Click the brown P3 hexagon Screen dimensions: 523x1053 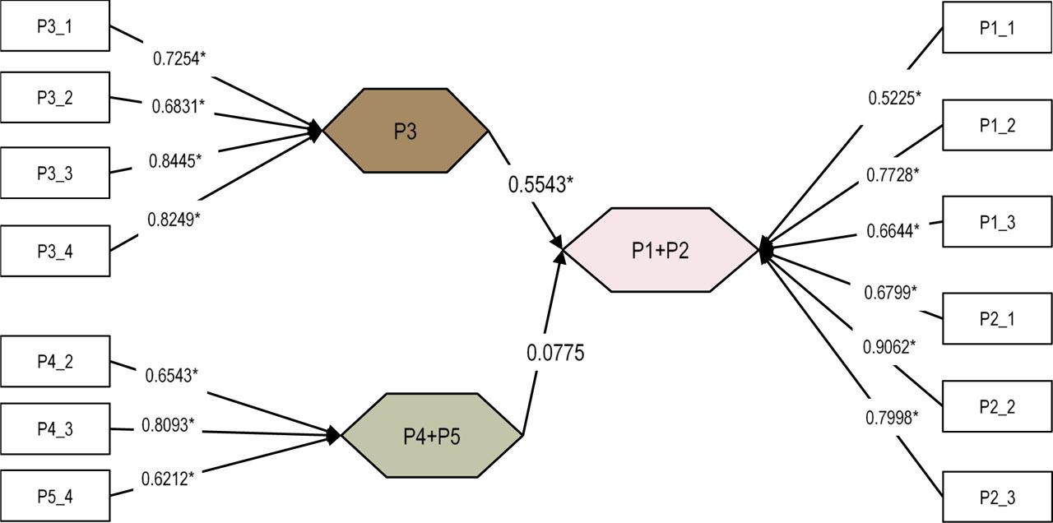coord(406,131)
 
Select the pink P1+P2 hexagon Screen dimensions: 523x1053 coord(660,250)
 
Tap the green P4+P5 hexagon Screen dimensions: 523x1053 coord(432,435)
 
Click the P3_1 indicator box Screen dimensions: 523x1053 coord(55,26)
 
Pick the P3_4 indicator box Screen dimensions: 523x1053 coord(55,251)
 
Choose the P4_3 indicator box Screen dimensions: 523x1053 coord(55,428)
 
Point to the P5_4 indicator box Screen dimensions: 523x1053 coord(55,496)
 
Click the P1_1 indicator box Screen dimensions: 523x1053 coord(997,27)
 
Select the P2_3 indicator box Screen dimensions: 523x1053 coord(997,497)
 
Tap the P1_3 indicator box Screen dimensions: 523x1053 coord(997,221)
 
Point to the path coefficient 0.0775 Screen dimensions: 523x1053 coord(555,354)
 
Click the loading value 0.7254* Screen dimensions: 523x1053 coord(180,58)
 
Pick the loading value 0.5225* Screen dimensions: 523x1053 coord(894,98)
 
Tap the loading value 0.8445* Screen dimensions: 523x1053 coord(174,161)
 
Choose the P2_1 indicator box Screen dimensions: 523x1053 coord(997,318)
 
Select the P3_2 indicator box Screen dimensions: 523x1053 coord(55,98)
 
